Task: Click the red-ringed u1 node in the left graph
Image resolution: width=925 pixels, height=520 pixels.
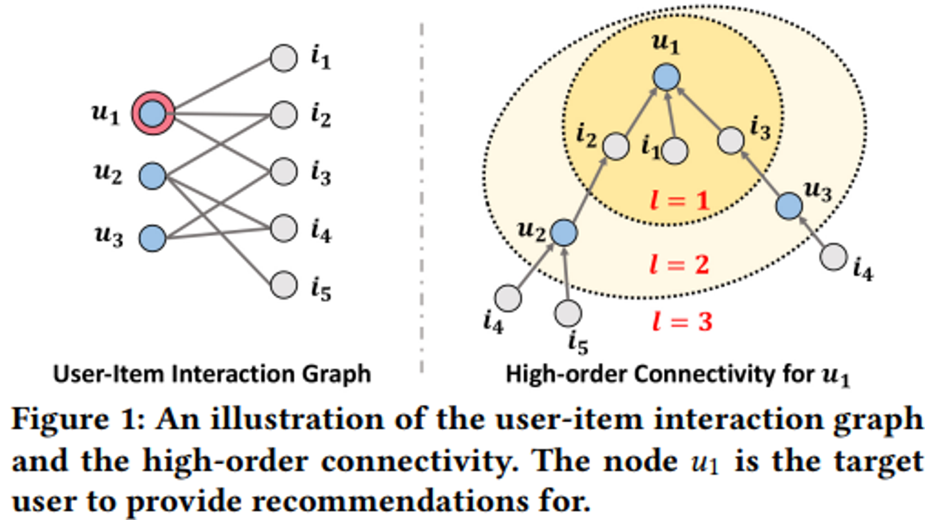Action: [x=153, y=113]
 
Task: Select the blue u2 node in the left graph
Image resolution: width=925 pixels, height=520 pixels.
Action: [x=152, y=176]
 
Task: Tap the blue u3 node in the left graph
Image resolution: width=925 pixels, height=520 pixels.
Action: [x=152, y=238]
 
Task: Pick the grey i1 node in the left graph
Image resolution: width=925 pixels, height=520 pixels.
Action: [x=284, y=58]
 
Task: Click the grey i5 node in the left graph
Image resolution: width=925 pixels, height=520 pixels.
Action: [x=284, y=285]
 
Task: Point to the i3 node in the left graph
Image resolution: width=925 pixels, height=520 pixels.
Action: [x=284, y=171]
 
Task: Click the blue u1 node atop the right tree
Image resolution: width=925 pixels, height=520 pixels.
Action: [x=666, y=77]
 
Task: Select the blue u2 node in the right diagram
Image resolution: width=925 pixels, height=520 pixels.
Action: [x=564, y=232]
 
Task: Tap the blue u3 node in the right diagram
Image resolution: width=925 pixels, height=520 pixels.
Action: [x=789, y=206]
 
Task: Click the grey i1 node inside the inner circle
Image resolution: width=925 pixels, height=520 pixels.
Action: [x=675, y=151]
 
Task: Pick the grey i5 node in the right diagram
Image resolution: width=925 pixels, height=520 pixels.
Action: [x=568, y=313]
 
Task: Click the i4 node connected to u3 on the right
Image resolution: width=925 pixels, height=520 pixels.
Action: [x=834, y=257]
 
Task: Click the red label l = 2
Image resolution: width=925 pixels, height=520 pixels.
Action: [x=679, y=265]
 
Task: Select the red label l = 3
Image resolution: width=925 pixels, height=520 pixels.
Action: [x=682, y=321]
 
